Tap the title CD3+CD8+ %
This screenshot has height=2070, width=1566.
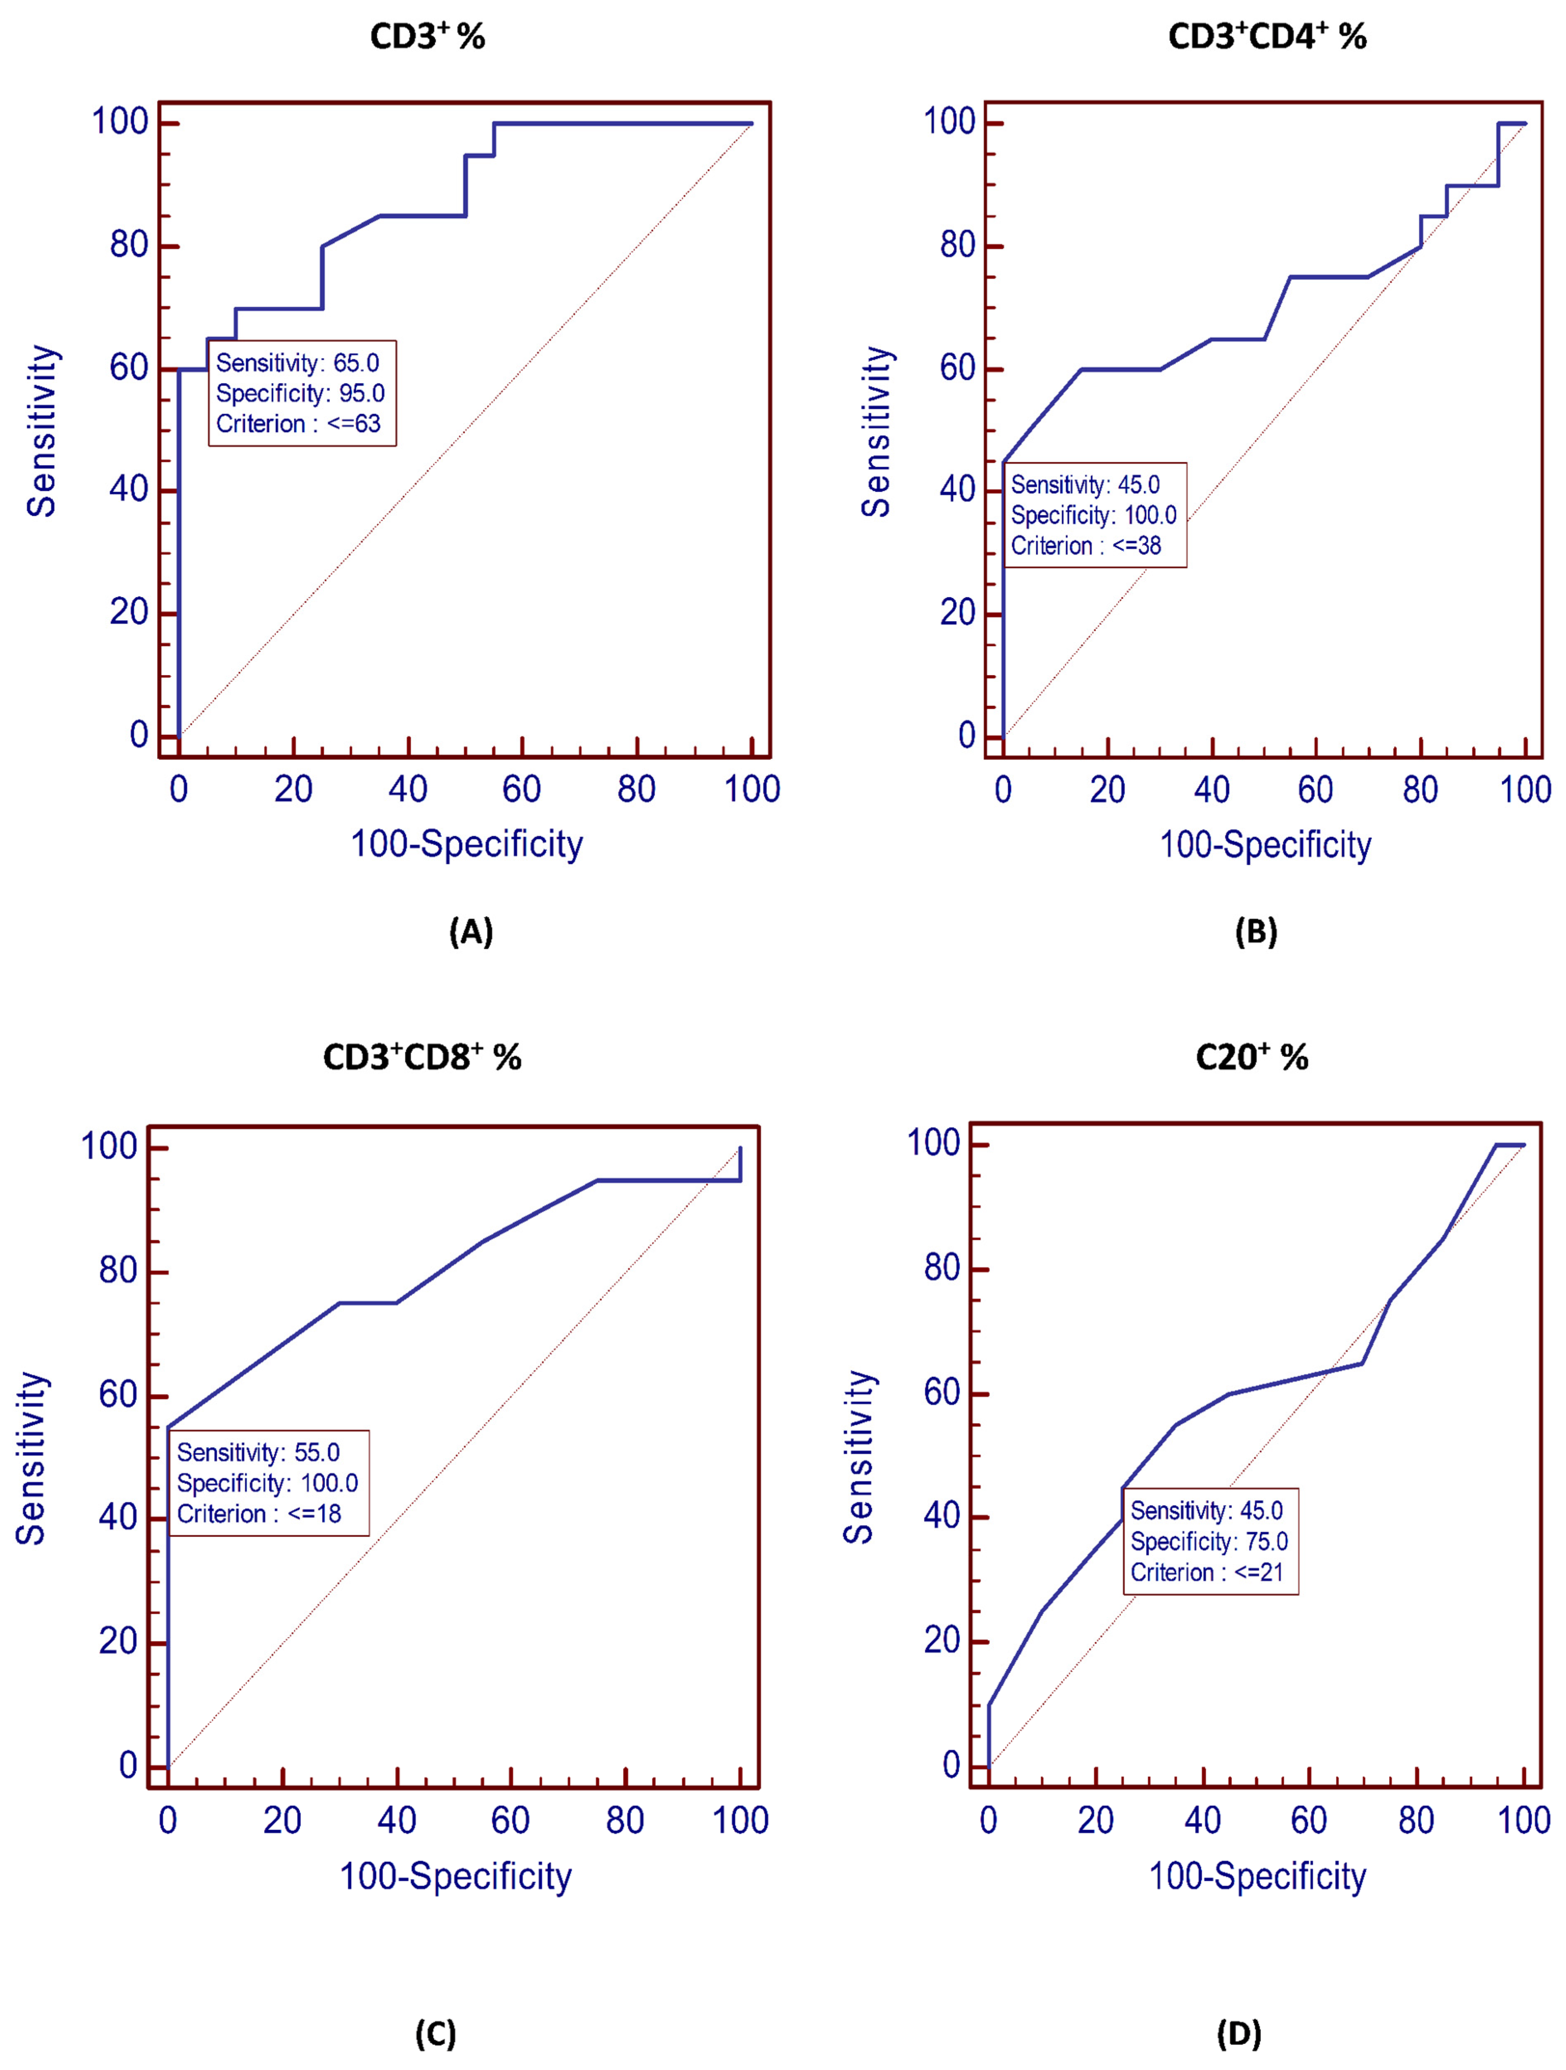[x=422, y=1057]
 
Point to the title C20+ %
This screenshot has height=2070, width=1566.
[x=1252, y=1057]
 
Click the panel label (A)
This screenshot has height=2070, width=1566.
[x=470, y=932]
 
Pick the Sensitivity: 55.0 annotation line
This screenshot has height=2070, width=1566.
[x=258, y=1453]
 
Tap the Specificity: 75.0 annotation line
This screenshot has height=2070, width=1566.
[x=1209, y=1541]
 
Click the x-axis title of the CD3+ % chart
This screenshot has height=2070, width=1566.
[x=466, y=844]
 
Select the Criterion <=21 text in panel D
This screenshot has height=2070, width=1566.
[x=1207, y=1572]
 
